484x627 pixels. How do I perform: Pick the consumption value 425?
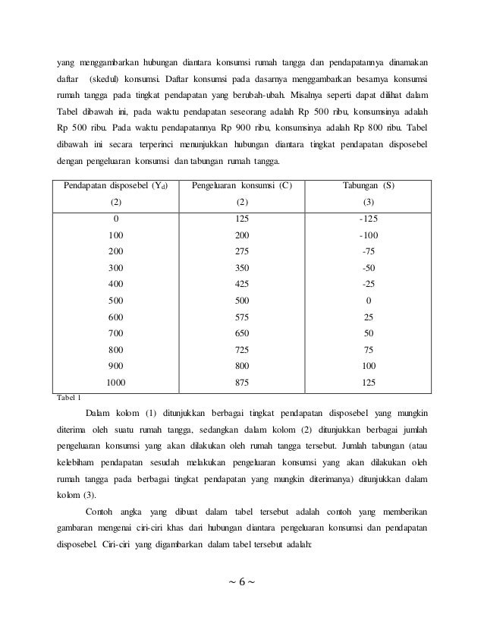242,284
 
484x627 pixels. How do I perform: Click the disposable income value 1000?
115,383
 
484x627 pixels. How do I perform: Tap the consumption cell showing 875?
242,383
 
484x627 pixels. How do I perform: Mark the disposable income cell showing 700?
115,333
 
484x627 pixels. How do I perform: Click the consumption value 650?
242,333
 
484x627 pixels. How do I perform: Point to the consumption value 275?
242,251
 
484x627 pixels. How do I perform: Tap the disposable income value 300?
115,268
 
